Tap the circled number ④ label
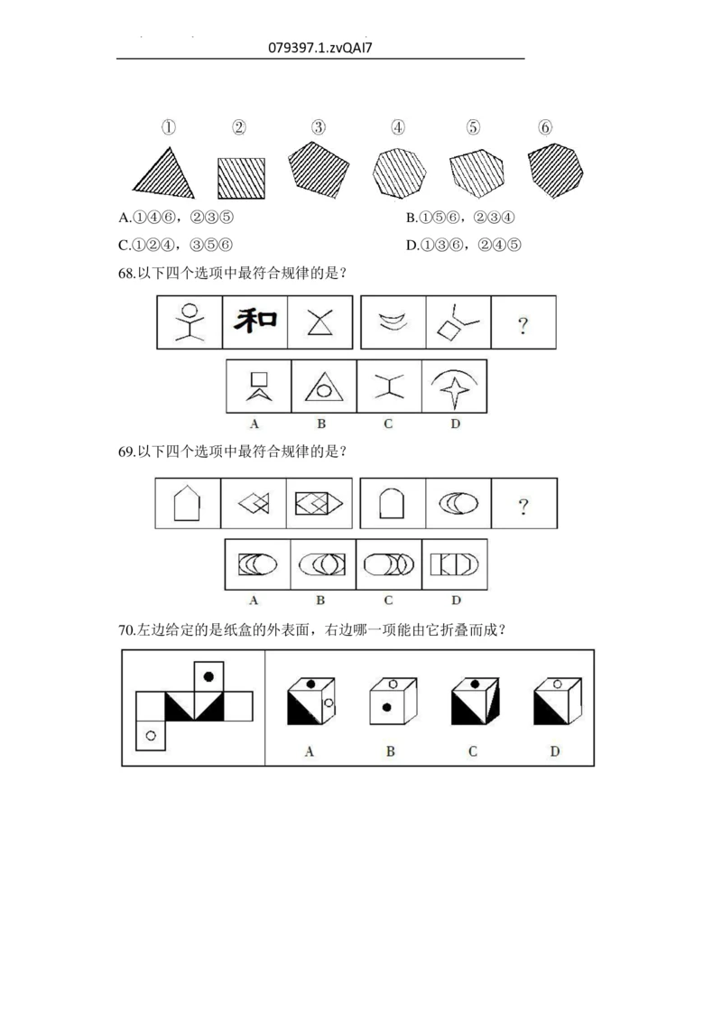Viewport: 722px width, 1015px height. tap(398, 127)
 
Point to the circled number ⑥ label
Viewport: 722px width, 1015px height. tap(544, 127)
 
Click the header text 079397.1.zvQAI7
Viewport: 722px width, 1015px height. tap(320, 47)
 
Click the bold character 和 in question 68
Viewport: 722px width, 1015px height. tap(255, 321)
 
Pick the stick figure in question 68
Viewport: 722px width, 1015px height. tap(190, 321)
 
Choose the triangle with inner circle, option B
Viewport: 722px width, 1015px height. tap(323, 387)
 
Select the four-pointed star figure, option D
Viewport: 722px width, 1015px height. tap(454, 386)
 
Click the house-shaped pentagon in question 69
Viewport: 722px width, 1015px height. tap(186, 503)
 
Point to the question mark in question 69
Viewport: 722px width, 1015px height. tap(523, 506)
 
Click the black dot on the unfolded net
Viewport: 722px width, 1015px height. tap(209, 675)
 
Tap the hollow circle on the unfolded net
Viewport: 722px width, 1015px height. tap(151, 736)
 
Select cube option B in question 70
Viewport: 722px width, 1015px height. tap(390, 703)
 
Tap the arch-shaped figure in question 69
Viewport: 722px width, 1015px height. tap(390, 503)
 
